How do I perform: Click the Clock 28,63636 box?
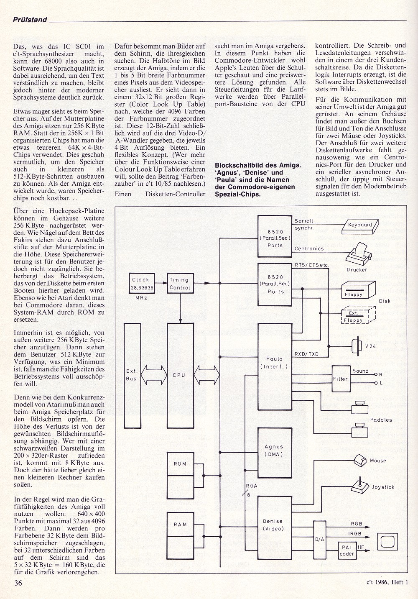[140, 283]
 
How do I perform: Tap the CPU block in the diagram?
[179, 375]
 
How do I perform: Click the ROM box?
[180, 463]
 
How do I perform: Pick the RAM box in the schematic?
[180, 524]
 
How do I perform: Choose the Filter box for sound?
[340, 379]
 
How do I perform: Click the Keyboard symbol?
[360, 226]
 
